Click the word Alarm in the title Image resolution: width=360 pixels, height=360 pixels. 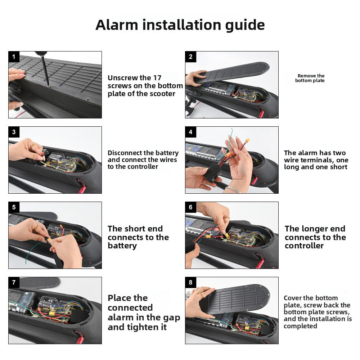tap(117, 25)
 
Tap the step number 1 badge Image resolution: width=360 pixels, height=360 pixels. tap(14, 57)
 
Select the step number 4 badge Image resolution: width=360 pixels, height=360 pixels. tap(190, 132)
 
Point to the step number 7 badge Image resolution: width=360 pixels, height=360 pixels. tap(14, 282)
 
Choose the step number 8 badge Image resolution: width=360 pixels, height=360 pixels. tap(190, 282)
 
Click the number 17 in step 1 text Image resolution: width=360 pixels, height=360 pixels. tap(157, 78)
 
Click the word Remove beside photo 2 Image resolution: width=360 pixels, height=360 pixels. tap(306, 76)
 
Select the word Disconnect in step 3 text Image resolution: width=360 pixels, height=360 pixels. tap(124, 153)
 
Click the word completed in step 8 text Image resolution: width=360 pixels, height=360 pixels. tap(300, 326)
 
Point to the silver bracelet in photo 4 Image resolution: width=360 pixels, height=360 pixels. tap(232, 190)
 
